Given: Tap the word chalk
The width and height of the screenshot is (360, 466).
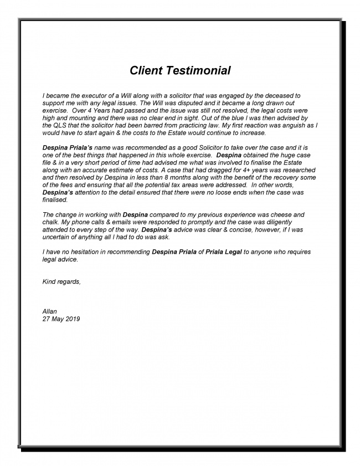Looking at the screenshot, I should coord(53,222).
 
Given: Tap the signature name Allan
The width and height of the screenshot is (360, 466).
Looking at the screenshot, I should coord(50,311).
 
